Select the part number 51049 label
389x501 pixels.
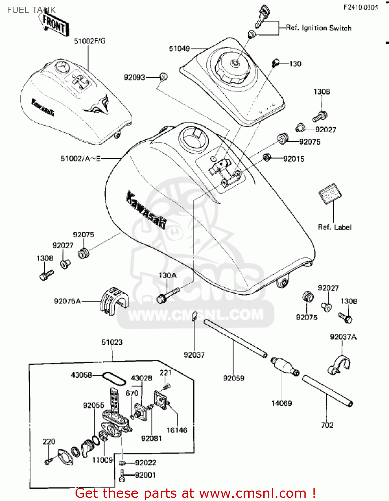pos(179,49)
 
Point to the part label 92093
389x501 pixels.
pos(134,77)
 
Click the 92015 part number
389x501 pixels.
pos(294,159)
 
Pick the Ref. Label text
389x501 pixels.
pos(335,227)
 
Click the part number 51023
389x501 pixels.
pos(112,342)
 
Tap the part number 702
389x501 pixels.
pos(327,425)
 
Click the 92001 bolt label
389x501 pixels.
pos(145,475)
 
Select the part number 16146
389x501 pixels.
pos(177,430)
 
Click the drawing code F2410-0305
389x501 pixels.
pos(361,7)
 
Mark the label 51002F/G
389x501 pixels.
pos(90,41)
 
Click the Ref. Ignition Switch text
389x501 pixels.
pos(319,28)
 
